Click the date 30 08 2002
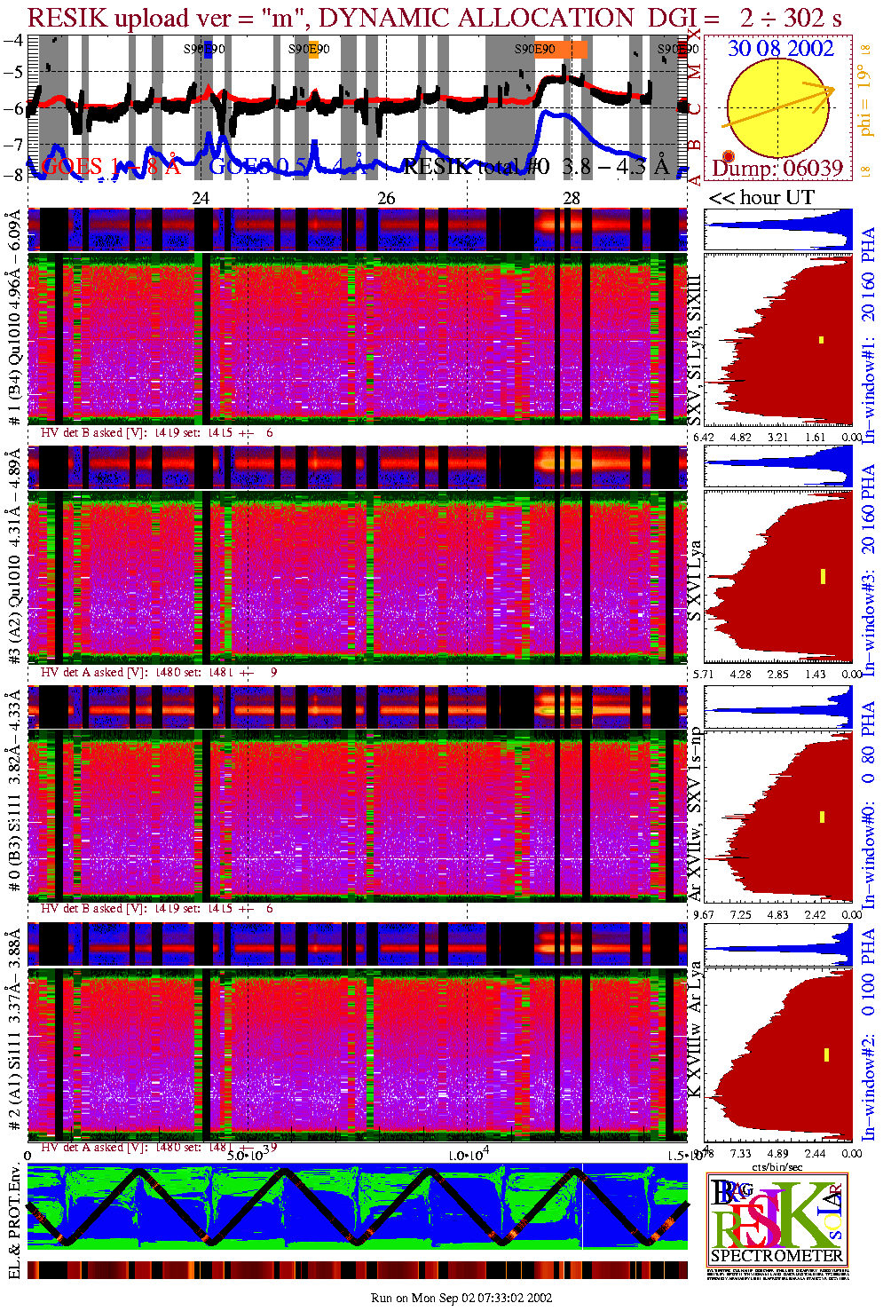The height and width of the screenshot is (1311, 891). coord(780,48)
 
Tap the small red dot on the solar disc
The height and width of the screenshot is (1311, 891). coord(729,157)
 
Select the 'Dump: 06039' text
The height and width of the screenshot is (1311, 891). coord(777,169)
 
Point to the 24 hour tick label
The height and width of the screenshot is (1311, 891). coord(201,198)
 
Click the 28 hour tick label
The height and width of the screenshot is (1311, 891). coord(572,198)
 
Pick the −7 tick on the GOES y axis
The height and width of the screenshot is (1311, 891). coord(13,143)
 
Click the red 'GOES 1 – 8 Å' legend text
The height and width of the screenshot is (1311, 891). coord(111,166)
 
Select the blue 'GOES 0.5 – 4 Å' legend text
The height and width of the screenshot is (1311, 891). coord(293,166)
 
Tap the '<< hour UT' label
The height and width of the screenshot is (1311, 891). coord(761,197)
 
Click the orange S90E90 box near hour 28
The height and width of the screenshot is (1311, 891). coord(579,49)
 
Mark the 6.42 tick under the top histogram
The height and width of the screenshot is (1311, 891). coord(704,437)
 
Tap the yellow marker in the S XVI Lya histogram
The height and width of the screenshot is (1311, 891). coord(823,576)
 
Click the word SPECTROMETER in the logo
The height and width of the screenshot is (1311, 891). coord(777,1256)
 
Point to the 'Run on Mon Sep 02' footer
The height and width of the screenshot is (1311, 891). coord(461,1298)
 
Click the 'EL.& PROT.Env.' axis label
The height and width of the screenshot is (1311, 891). coord(14,1221)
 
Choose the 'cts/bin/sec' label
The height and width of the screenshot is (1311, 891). coord(777,1166)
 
